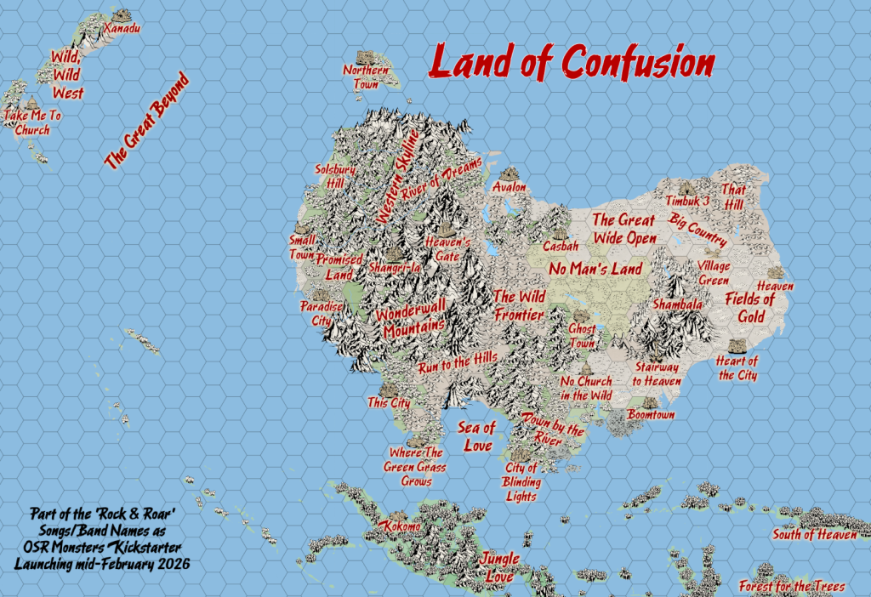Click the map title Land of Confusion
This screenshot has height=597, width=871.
[x=572, y=62]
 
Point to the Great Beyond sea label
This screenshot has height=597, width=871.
[x=146, y=121]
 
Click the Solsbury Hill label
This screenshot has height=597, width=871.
[x=329, y=176]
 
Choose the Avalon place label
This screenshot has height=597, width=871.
[x=510, y=186]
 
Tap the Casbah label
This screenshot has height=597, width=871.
[x=561, y=246]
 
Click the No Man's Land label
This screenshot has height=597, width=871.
[x=595, y=269]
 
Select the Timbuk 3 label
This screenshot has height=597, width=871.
[x=687, y=201]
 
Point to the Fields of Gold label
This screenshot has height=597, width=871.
[x=750, y=308]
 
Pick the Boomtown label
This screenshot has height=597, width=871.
[x=651, y=414]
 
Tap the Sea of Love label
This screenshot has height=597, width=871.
[x=476, y=435]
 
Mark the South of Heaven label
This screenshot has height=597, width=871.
[x=814, y=535]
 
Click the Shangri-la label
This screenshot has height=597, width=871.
[x=396, y=269]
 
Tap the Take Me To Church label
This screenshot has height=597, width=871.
[x=31, y=122]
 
